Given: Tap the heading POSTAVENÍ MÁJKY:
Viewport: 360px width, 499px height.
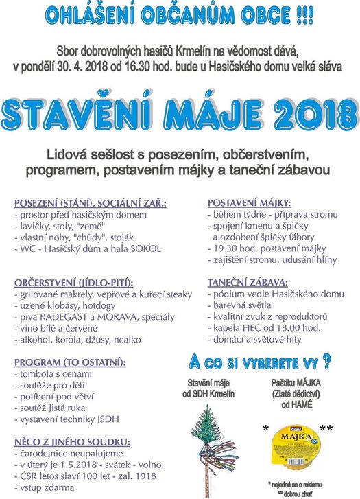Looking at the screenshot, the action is (x=249, y=203).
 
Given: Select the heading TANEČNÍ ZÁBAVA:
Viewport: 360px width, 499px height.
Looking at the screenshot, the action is (x=248, y=283).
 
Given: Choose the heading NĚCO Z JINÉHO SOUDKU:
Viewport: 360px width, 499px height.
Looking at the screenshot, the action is (x=72, y=442).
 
